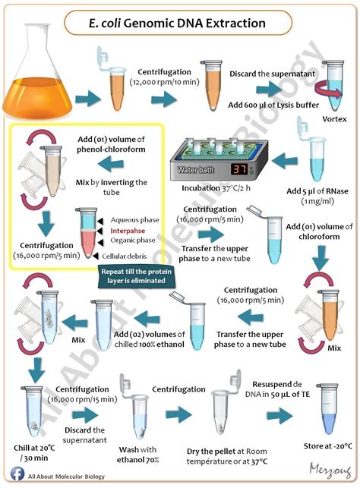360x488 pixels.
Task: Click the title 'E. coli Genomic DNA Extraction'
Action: point(178,24)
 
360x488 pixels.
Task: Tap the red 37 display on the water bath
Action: point(239,169)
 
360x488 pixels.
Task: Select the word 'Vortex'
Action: point(334,119)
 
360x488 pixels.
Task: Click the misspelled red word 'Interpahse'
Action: point(128,231)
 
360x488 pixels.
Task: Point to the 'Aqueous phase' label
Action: point(134,220)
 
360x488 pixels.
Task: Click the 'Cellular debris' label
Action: point(125,256)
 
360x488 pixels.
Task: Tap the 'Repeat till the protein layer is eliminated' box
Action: point(137,276)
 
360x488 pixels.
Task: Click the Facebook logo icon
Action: point(17,474)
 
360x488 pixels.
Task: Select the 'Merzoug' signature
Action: point(330,471)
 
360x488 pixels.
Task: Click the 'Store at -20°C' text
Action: point(328,446)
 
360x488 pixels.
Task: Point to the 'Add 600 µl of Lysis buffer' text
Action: point(273,105)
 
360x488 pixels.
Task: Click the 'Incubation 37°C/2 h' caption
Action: point(216,188)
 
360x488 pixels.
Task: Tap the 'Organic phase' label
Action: point(133,241)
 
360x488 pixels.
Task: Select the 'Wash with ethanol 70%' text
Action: point(138,455)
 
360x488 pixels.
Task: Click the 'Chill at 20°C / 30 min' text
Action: point(34,453)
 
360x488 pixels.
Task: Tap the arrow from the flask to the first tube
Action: point(88,99)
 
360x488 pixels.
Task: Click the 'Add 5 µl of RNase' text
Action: point(317,190)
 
